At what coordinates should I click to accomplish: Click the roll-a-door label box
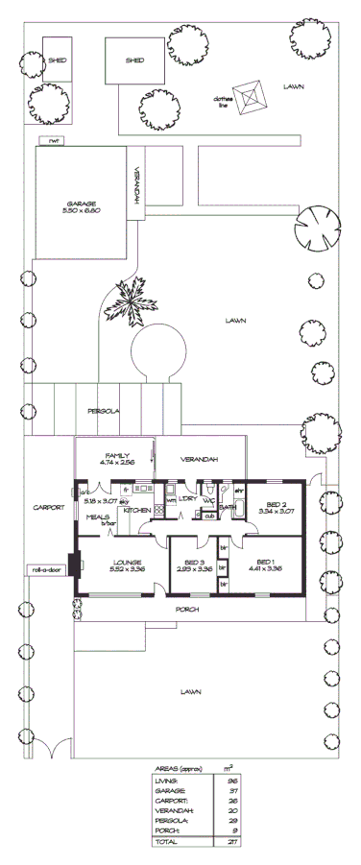pyautogui.click(x=45, y=568)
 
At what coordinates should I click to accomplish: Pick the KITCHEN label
pyautogui.click(x=135, y=510)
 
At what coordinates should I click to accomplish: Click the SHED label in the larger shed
pyautogui.click(x=134, y=60)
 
